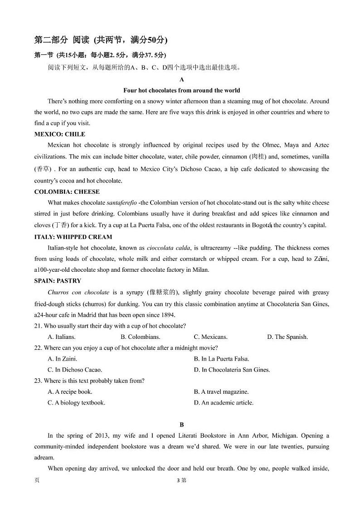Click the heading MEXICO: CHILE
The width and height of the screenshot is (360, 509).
click(x=59, y=134)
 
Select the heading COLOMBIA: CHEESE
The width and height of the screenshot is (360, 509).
click(x=67, y=192)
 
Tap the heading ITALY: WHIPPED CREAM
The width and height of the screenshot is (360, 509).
click(x=73, y=237)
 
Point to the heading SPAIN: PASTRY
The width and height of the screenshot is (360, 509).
click(x=58, y=281)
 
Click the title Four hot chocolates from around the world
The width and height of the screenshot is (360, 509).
click(x=181, y=90)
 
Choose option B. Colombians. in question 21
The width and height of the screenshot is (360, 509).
click(x=140, y=337)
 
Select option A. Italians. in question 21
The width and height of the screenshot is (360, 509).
click(x=62, y=337)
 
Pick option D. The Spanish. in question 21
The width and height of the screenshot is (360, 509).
click(x=287, y=337)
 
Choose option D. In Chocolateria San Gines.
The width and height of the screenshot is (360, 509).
click(x=232, y=370)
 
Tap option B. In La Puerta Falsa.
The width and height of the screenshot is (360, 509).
click(x=221, y=359)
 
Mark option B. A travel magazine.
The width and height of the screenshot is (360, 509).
click(x=221, y=392)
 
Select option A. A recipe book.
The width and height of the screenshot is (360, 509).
click(x=70, y=392)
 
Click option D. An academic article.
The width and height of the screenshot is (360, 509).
click(x=224, y=402)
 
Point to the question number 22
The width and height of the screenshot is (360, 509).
click(x=38, y=348)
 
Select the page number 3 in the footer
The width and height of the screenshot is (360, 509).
click(x=179, y=480)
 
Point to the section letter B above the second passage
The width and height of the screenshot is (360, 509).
click(x=182, y=425)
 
